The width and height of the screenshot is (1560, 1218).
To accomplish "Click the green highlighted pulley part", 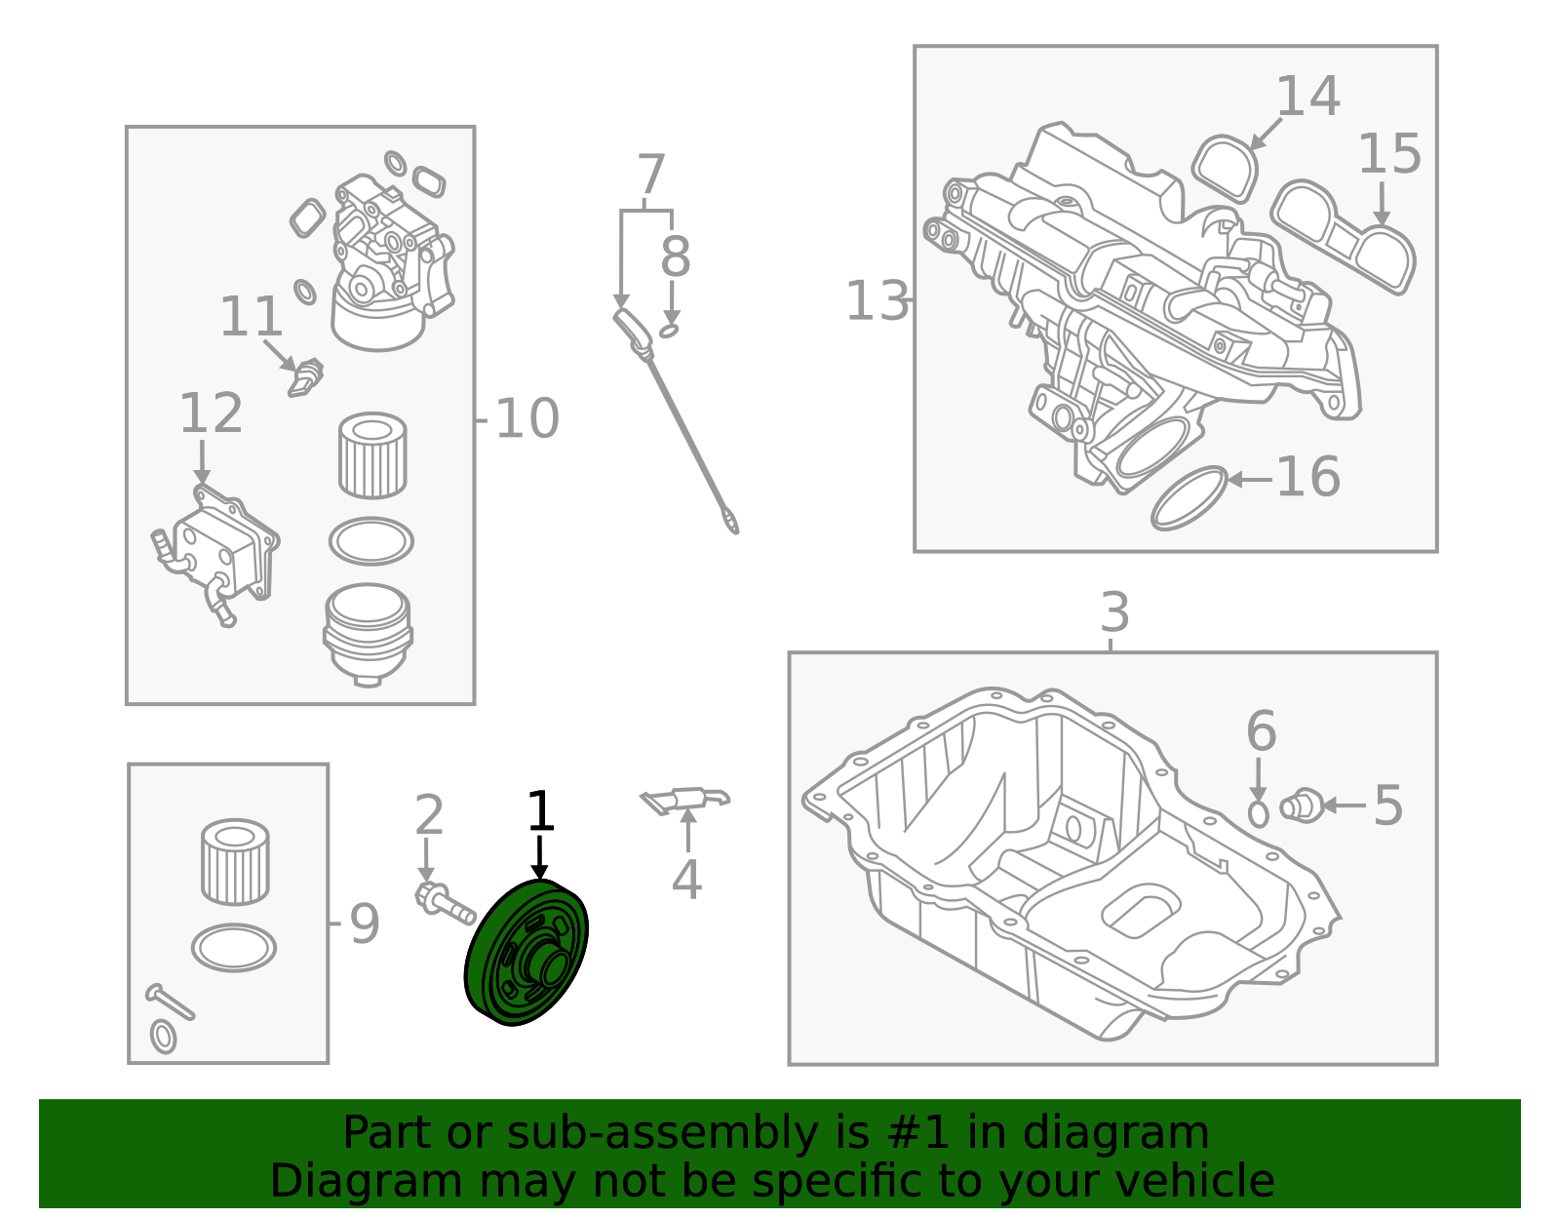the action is point(526,952).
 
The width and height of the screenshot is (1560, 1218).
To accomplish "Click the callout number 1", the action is point(540,811).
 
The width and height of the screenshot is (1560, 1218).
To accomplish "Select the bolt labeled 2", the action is point(445,904).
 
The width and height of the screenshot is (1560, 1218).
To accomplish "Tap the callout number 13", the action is point(877,300).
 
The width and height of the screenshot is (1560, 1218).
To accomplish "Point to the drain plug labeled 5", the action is point(1301,806).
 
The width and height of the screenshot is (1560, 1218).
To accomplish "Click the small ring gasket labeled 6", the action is point(1258,814).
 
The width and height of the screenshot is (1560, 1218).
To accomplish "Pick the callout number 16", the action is point(1308,477).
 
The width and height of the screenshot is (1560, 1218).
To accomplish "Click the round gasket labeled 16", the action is point(1189,498).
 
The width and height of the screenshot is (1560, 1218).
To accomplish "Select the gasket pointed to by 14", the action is point(1225,169).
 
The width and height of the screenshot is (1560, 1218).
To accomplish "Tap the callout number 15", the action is point(1389,154).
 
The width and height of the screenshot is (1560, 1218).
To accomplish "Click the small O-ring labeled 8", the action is point(669,331).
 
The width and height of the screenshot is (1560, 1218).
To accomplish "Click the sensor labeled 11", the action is point(305,377).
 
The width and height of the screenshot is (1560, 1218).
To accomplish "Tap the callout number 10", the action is point(526,418).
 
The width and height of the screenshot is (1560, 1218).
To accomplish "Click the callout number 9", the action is point(364,923).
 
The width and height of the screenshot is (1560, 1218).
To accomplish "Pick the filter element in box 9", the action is point(235,862).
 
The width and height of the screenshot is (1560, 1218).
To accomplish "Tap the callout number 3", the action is point(1114,612).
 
